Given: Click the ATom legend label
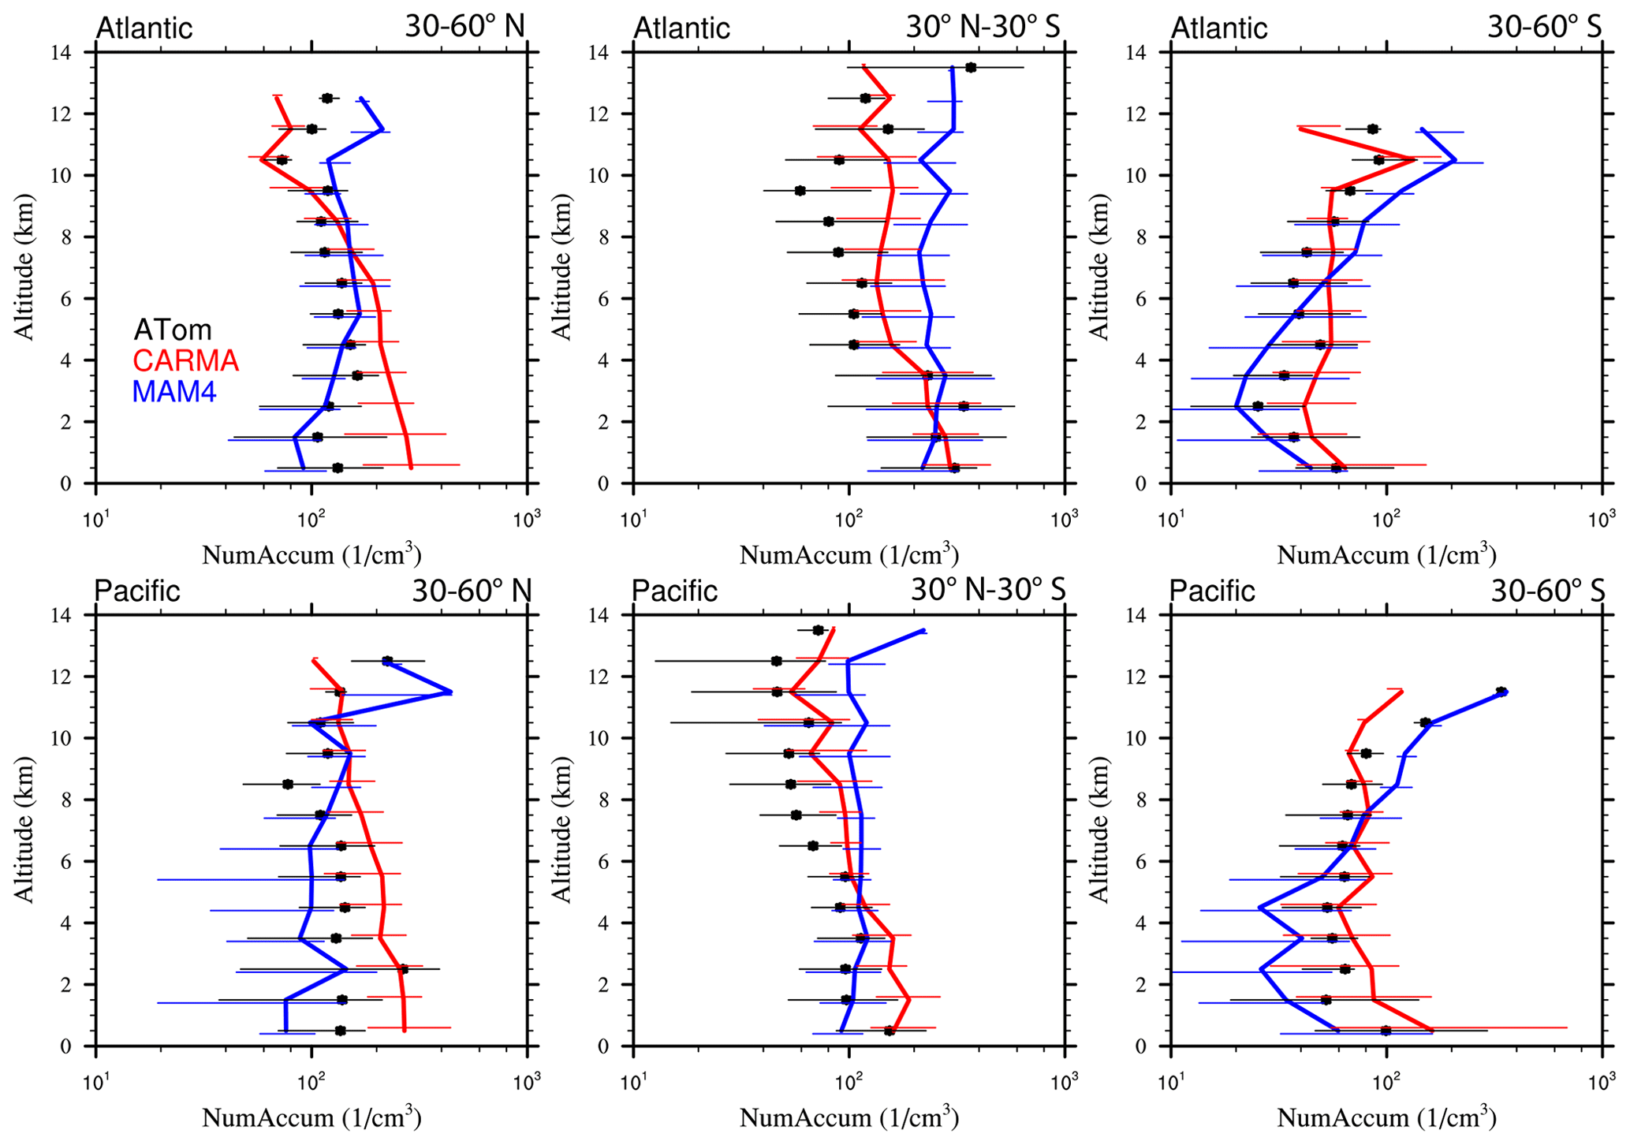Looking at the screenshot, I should point(173,330).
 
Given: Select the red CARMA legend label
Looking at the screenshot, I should point(186,360).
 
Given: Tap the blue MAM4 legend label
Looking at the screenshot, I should point(174,391).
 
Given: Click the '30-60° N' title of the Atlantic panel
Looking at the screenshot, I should point(465,26).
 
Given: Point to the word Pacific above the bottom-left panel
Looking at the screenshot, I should point(137,590).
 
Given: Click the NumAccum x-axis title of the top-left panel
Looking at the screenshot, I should point(312,554).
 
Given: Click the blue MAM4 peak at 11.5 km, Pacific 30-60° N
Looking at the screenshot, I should point(450,692).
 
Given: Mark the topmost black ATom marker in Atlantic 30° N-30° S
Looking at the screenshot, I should point(970,67).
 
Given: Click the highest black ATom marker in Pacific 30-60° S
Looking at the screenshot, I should point(1501,692).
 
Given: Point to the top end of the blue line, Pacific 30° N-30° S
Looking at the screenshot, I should point(923,630).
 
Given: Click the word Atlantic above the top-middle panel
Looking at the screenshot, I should point(682,28).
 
